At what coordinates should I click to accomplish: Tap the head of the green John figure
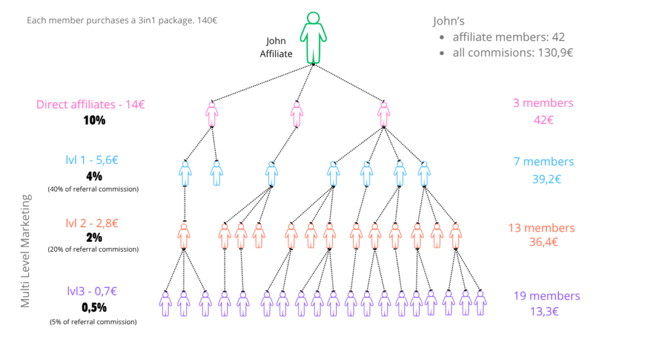coord(313,18)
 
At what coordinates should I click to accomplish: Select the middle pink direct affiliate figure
coord(297,115)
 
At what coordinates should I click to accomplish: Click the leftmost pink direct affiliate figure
coord(212,115)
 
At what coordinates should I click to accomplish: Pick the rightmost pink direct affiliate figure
coord(383,115)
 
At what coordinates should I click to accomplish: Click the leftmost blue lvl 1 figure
coord(185,173)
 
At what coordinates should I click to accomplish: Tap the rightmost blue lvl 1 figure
coord(424,173)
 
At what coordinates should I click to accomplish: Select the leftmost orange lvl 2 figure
coord(184,236)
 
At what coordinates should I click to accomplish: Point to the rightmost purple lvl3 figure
coord(480,304)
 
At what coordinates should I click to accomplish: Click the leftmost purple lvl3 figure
coord(165,304)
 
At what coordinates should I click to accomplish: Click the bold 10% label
coord(94,120)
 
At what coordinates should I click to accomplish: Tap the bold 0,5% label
coord(94,307)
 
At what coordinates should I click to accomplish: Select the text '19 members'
coord(547,296)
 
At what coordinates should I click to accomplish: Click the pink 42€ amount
coord(544,120)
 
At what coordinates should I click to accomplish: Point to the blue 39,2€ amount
coord(546,179)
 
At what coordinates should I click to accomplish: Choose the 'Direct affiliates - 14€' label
coord(90,104)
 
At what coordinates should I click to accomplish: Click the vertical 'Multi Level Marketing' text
coord(25,251)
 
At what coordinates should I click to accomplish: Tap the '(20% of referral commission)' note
coord(93,249)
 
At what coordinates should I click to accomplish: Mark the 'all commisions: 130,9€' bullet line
coord(513,53)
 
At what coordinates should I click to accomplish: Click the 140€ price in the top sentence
coord(207,20)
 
